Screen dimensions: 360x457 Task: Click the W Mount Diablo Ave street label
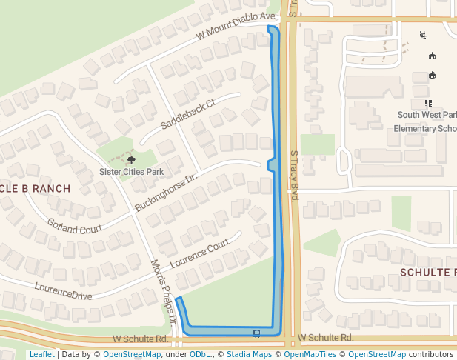236,27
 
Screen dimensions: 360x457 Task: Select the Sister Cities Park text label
131,172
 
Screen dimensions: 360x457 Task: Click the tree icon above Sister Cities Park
132,159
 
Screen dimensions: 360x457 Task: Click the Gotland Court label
74,226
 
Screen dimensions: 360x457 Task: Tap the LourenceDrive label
63,290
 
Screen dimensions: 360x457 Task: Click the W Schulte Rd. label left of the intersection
141,339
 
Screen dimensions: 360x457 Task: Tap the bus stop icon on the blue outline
256,333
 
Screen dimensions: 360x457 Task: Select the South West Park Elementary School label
426,121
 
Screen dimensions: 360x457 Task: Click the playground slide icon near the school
423,35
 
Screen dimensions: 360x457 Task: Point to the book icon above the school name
427,103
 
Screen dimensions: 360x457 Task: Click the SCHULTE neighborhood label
427,272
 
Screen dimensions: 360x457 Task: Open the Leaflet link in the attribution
41,354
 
